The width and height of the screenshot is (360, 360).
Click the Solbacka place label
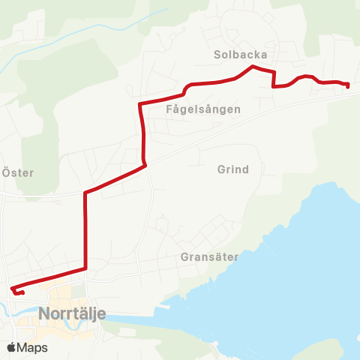pyautogui.click(x=240, y=55)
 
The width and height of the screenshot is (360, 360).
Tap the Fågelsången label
pyautogui.click(x=203, y=109)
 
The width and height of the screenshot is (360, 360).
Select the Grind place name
pyautogui.click(x=232, y=169)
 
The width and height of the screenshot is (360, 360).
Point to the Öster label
pyautogui.click(x=18, y=172)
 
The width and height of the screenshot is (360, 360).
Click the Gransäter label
pyautogui.click(x=209, y=256)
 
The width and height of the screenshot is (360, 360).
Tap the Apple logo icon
pyautogui.click(x=11, y=347)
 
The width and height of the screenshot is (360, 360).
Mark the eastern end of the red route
pyautogui.click(x=348, y=86)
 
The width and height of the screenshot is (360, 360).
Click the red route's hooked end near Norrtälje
pyautogui.click(x=13, y=289)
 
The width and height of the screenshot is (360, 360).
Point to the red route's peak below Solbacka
pyautogui.click(x=251, y=67)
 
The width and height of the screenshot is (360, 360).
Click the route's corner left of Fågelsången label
pyautogui.click(x=140, y=103)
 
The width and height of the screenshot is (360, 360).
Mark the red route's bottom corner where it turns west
pyautogui.click(x=86, y=268)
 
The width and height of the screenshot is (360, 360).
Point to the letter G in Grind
pyautogui.click(x=220, y=169)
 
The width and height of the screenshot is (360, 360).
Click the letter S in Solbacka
pyautogui.click(x=217, y=55)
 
